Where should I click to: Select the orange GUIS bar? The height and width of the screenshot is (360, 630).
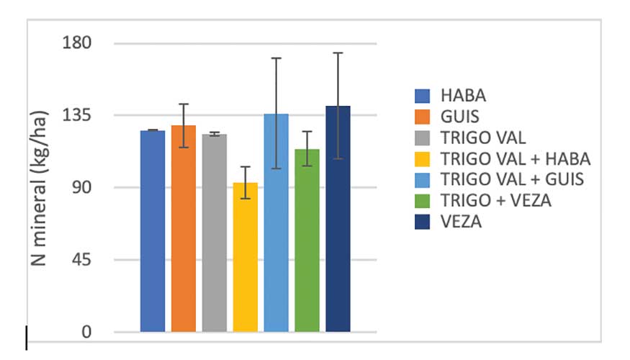pyautogui.click(x=184, y=228)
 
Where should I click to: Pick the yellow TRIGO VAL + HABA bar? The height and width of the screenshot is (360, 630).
pyautogui.click(x=246, y=257)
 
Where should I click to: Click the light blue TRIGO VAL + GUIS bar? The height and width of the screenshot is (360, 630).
pyautogui.click(x=276, y=222)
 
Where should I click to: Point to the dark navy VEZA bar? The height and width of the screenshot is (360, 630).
pyautogui.click(x=338, y=219)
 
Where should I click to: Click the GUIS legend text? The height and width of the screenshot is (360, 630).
pyautogui.click(x=459, y=116)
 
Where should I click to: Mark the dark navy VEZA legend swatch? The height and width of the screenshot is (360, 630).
pyautogui.click(x=423, y=222)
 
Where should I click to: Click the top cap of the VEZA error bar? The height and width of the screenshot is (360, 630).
pyautogui.click(x=338, y=53)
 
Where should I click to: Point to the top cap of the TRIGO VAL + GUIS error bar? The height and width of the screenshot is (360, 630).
pyautogui.click(x=276, y=58)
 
